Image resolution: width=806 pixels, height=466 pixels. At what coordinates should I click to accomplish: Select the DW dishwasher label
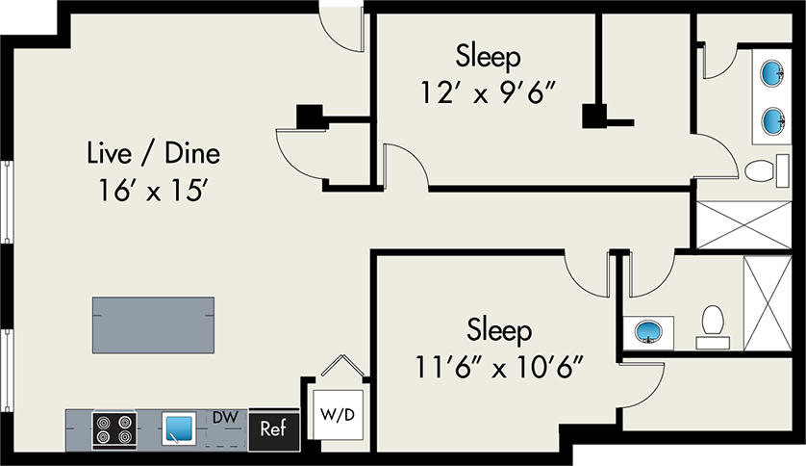click(225, 417)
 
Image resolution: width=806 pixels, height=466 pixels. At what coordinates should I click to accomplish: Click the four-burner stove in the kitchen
click(113, 429)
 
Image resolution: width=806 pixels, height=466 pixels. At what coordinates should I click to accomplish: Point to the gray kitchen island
click(153, 324)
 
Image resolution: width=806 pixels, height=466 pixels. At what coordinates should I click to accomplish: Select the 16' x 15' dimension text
click(153, 190)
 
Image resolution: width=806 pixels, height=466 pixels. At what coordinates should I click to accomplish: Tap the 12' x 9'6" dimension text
click(489, 93)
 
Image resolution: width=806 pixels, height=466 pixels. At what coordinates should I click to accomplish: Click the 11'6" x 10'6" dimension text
click(500, 367)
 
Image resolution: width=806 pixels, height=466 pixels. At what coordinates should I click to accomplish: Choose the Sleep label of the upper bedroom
click(489, 55)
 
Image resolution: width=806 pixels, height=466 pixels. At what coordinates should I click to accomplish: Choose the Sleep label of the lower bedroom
click(500, 330)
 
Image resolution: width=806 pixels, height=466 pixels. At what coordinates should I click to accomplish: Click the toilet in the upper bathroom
click(762, 171)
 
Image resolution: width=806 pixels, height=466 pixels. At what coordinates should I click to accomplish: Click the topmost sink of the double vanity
click(774, 72)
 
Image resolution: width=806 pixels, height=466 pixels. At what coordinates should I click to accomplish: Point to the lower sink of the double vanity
click(774, 119)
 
